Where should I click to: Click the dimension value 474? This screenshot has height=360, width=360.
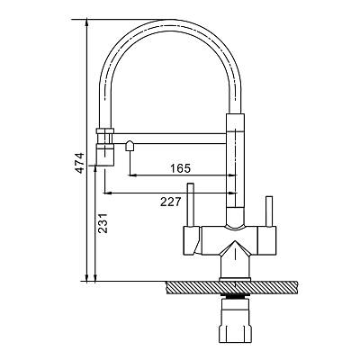point(79,163)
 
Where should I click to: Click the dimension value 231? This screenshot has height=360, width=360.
point(103,223)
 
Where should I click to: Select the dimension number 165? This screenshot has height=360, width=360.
point(180,168)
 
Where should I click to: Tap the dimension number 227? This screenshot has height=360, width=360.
point(171,202)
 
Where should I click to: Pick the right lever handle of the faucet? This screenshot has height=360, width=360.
point(269,211)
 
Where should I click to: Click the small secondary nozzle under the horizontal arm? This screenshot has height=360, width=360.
point(130,146)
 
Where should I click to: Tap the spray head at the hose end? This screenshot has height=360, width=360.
point(104,147)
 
